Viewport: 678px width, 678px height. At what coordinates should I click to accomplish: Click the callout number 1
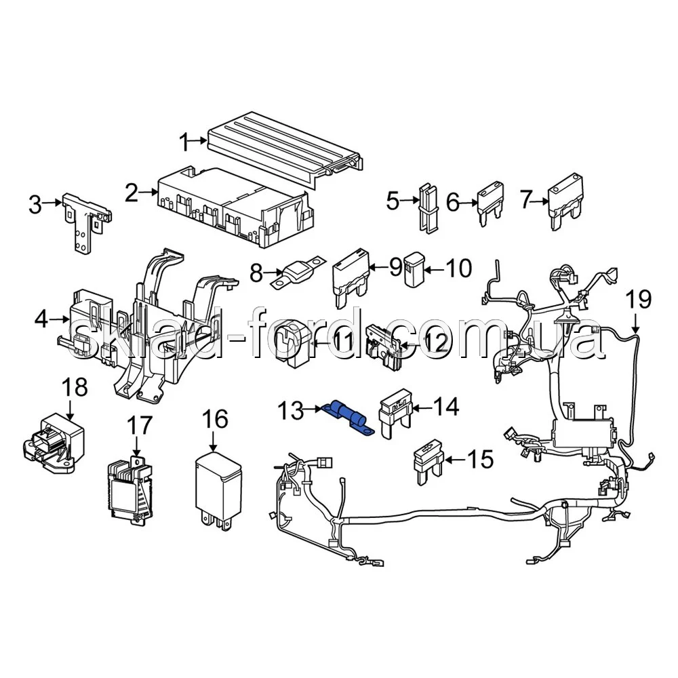click(182, 142)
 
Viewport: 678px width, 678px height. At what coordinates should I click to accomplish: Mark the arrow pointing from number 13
click(315, 409)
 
